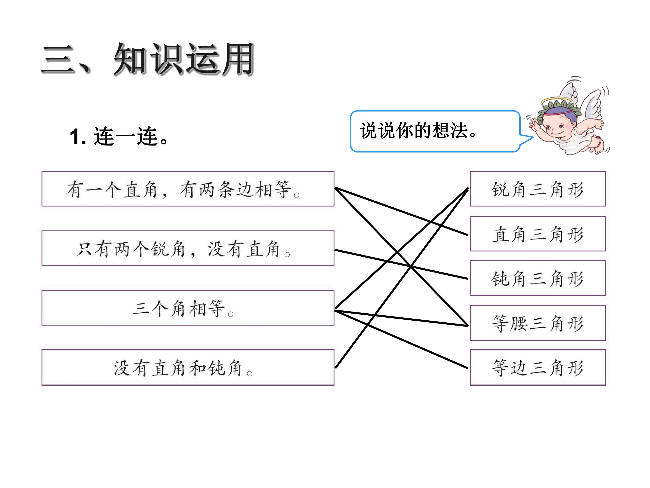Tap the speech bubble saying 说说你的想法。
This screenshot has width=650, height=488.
point(435,131)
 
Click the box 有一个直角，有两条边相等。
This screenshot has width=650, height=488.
point(188,189)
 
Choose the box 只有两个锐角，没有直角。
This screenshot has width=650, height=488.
point(188,248)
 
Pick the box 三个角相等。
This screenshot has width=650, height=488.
point(188,308)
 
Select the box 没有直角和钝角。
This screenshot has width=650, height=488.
point(188,367)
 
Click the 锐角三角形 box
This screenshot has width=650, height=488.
point(538,189)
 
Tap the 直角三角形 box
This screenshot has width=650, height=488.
point(538,234)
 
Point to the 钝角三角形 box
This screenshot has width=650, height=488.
point(538,278)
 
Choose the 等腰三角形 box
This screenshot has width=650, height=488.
point(538,323)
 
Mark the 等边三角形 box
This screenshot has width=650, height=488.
point(538,367)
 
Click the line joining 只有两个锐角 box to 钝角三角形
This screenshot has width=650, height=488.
point(401,264)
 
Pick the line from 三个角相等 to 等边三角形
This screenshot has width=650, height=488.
point(401,339)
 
